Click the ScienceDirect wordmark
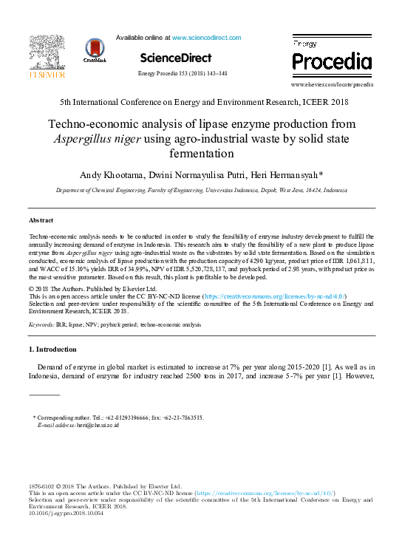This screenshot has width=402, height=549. coord(175,58)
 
